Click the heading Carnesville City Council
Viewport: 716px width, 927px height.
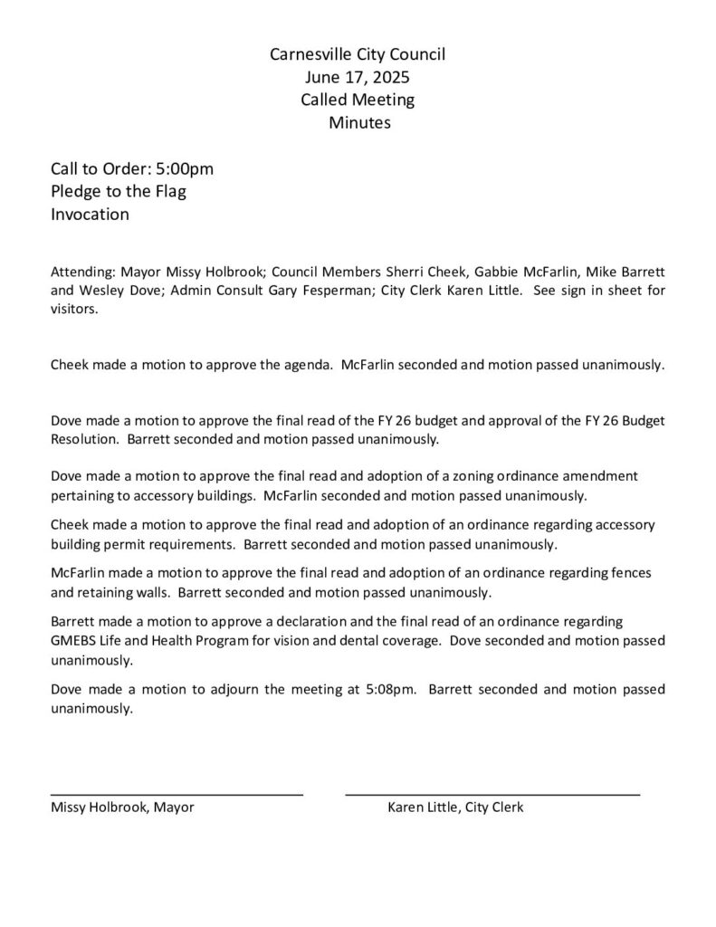358,55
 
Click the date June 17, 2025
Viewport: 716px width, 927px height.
358,78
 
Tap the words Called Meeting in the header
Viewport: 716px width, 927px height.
358,100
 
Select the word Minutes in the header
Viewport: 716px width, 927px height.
359,122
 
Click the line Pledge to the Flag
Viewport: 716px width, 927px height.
118,192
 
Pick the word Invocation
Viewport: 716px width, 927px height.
90,215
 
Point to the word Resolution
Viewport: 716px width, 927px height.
85,439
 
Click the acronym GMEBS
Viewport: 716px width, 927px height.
76,641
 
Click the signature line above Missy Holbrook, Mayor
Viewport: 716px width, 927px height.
177,794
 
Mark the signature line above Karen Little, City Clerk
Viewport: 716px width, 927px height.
492,794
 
